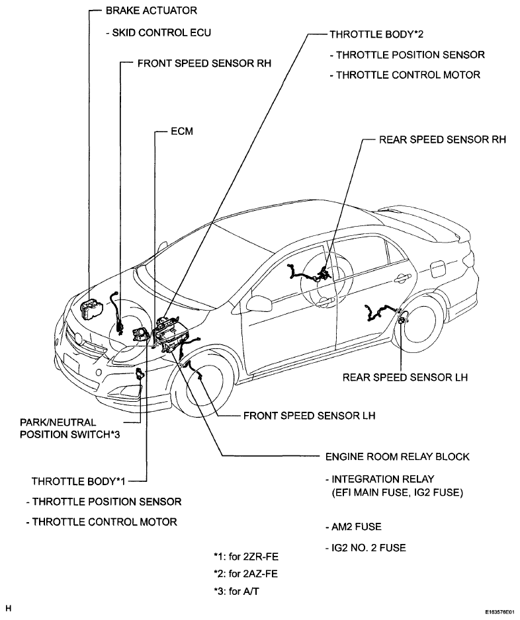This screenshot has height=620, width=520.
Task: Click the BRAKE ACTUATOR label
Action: pyautogui.click(x=152, y=11)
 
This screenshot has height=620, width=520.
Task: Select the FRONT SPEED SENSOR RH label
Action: pyautogui.click(x=204, y=63)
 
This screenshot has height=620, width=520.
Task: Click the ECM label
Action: pyautogui.click(x=182, y=132)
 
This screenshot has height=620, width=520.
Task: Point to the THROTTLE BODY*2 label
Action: pyautogui.click(x=376, y=34)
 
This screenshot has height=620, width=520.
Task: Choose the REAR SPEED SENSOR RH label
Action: pyautogui.click(x=443, y=139)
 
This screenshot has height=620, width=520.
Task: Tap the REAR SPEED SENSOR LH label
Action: pyautogui.click(x=405, y=377)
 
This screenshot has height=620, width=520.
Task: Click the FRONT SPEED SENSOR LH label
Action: pyautogui.click(x=309, y=416)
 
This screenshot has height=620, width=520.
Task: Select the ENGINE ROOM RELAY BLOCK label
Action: pyautogui.click(x=398, y=457)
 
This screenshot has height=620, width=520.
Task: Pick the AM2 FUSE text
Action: pyautogui.click(x=353, y=527)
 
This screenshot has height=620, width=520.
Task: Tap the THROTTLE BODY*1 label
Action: pyautogui.click(x=78, y=481)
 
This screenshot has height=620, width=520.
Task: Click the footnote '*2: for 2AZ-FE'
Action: pyautogui.click(x=245, y=573)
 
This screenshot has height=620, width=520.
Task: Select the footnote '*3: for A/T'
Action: pyautogui.click(x=236, y=592)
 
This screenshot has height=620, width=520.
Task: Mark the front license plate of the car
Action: pyautogui.click(x=71, y=366)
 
